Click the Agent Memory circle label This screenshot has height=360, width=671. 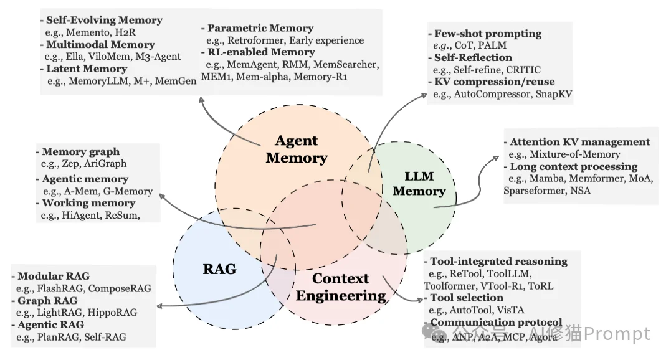(x=296, y=149)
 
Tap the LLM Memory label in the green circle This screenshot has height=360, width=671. (x=419, y=183)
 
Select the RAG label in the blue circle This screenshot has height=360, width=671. (x=219, y=269)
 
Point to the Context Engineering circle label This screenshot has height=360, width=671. (x=340, y=287)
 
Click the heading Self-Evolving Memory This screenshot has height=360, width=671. (x=103, y=21)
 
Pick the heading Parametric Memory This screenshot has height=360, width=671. (x=260, y=28)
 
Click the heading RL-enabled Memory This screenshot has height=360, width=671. (x=261, y=52)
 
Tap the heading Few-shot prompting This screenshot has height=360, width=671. (x=487, y=34)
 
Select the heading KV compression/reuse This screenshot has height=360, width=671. (x=493, y=82)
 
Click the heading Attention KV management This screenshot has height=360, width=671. (x=579, y=142)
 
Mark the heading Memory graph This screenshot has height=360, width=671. (x=80, y=151)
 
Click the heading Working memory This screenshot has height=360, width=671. (x=88, y=203)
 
